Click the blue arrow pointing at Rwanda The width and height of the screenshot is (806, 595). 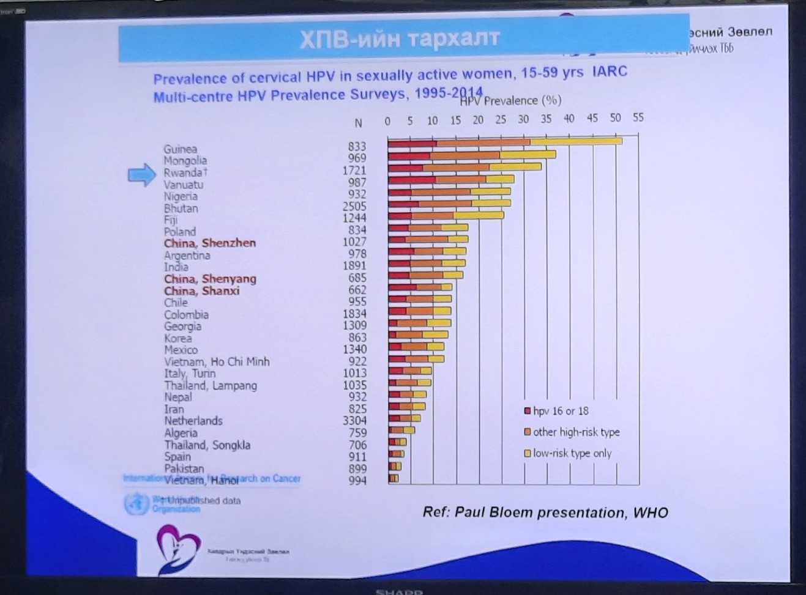[x=141, y=174]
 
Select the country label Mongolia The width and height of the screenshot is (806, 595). [x=185, y=161]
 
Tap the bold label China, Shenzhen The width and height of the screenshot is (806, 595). [x=209, y=243]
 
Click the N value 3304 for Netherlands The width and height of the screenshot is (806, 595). [x=354, y=421]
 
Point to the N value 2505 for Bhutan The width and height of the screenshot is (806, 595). [x=354, y=207]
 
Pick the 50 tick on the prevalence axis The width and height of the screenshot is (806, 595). [x=615, y=119]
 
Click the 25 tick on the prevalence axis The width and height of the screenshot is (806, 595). [x=501, y=120]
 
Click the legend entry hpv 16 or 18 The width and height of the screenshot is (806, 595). [x=561, y=412]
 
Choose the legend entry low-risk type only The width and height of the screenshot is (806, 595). [x=572, y=454]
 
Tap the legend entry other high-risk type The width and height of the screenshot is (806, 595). [x=576, y=432]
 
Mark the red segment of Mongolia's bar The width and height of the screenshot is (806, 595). [x=409, y=155]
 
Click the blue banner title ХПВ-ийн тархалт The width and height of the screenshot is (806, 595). [x=400, y=39]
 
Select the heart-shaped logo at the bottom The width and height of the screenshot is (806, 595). [x=177, y=549]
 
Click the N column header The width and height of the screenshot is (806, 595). [x=358, y=123]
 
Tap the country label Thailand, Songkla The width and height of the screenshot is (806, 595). [x=207, y=445]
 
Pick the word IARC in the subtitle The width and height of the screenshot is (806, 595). [x=610, y=72]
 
